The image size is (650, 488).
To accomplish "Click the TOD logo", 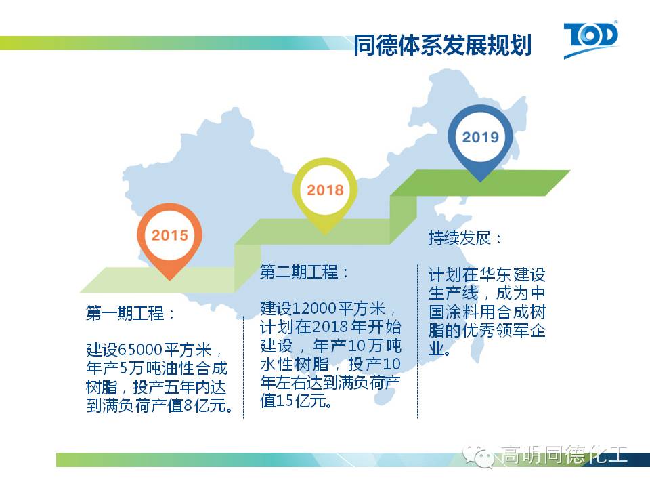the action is pyautogui.click(x=590, y=39).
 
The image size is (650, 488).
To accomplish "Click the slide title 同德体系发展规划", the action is pyautogui.click(x=442, y=45).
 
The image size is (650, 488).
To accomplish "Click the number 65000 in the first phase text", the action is pyautogui.click(x=141, y=350).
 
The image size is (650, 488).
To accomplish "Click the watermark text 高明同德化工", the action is pyautogui.click(x=564, y=454).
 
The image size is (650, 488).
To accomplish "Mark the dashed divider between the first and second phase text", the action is pyautogui.click(x=243, y=367).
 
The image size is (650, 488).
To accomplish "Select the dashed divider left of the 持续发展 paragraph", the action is pyautogui.click(x=418, y=341).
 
